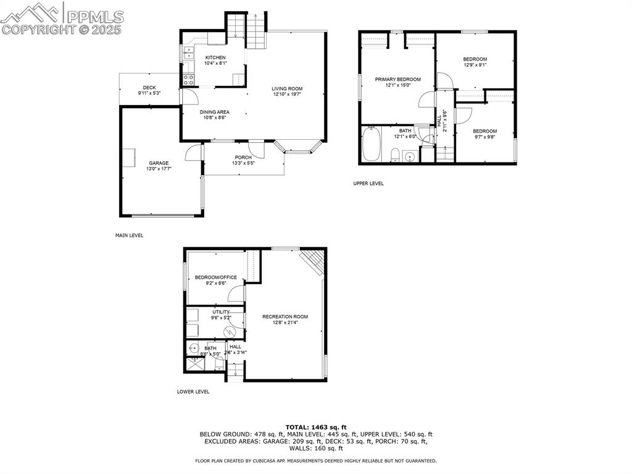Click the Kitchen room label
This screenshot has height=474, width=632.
215,57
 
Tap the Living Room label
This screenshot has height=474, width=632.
287,89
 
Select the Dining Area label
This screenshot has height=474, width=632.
214,112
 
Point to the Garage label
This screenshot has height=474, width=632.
158,163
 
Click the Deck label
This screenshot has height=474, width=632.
149,88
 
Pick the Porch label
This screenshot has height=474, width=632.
243,158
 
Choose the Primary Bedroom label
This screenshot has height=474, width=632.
398,79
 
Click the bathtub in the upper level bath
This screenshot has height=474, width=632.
370,145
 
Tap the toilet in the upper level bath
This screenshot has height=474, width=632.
396,153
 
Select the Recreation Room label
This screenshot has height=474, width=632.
285,317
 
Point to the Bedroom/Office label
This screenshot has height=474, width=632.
215,277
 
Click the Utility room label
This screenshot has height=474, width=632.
221,312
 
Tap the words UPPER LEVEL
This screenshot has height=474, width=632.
368,184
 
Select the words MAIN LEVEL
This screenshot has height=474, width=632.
129,235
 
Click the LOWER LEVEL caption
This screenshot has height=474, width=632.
193,392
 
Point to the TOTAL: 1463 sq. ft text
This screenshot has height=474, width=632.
316,427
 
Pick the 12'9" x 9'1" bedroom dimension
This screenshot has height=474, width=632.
475,66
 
